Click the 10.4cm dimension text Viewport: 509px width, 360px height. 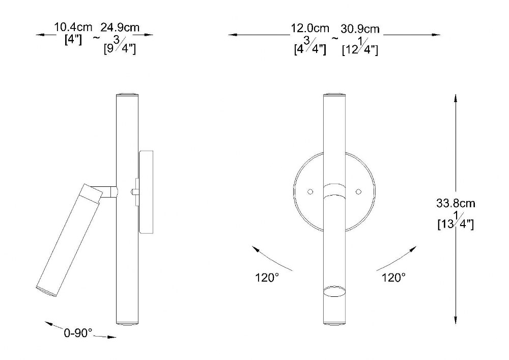coord(73,27)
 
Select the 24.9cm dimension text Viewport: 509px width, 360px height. coord(120,27)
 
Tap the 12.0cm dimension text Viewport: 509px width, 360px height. coord(309,28)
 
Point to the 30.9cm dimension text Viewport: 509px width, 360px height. coord(360,29)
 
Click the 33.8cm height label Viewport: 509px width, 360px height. coord(456,204)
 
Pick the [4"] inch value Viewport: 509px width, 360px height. coord(73,40)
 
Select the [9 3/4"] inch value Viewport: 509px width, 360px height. coord(120,47)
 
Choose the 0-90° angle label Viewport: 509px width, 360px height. coord(78,333)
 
